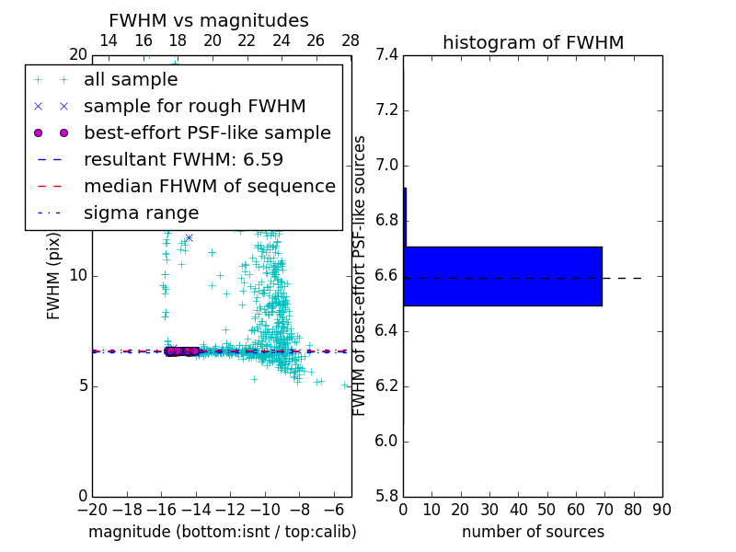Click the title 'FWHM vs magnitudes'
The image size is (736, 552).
coord(209,20)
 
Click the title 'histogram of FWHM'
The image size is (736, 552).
coord(533,42)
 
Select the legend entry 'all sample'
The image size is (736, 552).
coord(131,80)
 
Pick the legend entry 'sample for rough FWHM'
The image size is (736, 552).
coord(194,107)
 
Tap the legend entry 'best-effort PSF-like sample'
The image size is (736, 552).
coord(207,133)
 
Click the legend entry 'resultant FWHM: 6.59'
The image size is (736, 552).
coord(183,160)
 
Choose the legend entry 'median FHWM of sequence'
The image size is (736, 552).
coord(209,187)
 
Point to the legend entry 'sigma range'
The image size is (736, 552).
coord(141,213)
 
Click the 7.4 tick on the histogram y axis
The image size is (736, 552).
coord(386,55)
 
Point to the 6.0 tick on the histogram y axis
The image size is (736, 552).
coord(386,442)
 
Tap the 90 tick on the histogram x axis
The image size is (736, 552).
coord(661,510)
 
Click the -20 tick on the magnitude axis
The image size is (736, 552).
coord(92,510)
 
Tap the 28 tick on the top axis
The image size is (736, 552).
coord(351,40)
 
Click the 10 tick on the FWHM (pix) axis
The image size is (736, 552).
coord(77,276)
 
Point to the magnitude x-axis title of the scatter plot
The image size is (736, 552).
coord(222,532)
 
